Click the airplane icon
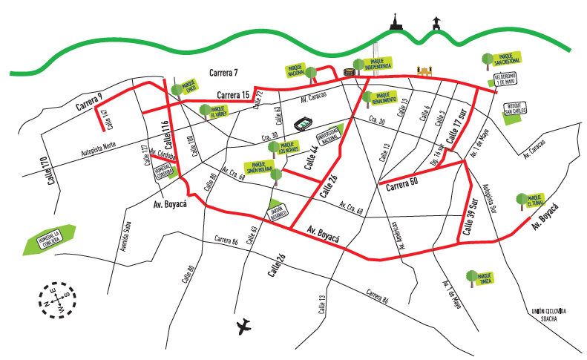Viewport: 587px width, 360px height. (244, 326)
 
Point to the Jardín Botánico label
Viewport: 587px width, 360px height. (277, 212)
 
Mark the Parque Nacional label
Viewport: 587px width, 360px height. (296, 71)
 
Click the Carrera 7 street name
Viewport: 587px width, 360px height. (223, 73)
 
